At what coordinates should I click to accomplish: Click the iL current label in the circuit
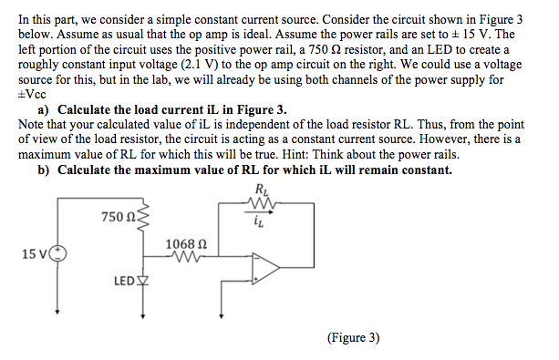coord(264,216)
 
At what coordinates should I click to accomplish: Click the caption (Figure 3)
coord(352,337)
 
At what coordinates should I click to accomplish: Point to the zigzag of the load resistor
coord(264,203)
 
